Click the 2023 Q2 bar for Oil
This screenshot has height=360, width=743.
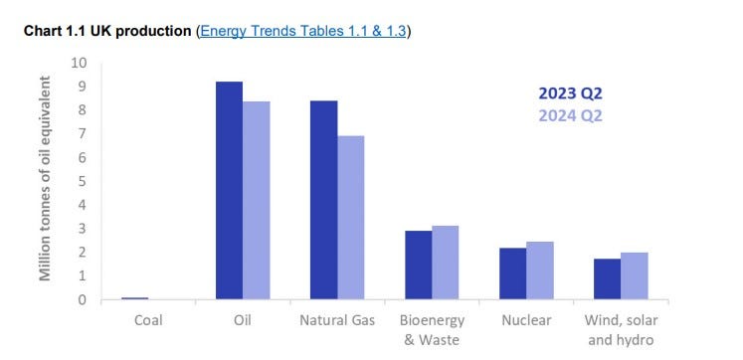click(230, 190)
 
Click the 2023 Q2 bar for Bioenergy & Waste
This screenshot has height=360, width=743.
click(418, 265)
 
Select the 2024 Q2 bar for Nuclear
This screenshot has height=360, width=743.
click(540, 270)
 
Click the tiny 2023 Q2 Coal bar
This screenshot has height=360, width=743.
click(135, 297)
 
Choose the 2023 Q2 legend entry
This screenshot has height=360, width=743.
click(570, 94)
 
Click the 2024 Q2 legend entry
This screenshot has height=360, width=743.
click(570, 114)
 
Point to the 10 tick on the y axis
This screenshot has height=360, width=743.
click(80, 63)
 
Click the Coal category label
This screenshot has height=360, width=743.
click(149, 321)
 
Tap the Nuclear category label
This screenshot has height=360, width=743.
click(526, 321)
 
